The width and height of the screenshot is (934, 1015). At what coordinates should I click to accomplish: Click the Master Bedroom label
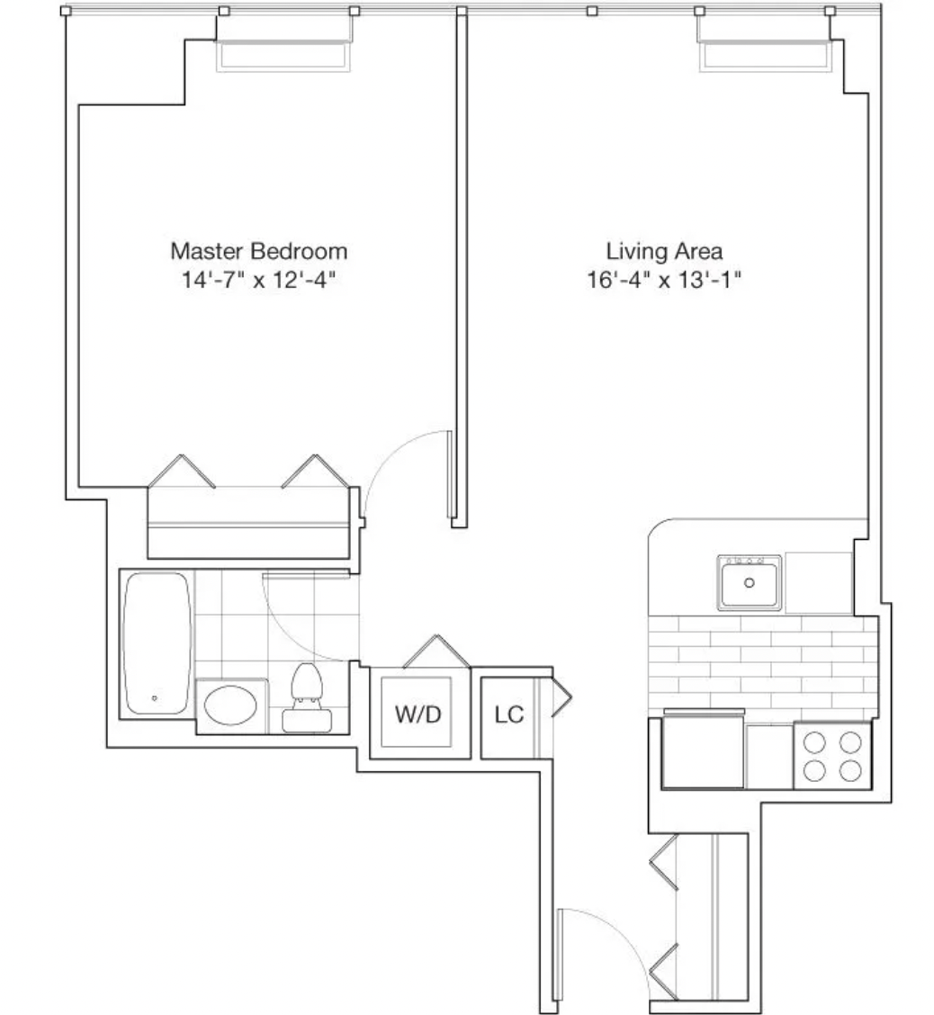(259, 251)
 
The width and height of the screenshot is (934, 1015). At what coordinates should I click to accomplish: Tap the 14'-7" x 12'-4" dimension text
(259, 280)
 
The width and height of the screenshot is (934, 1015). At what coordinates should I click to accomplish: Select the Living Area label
(664, 251)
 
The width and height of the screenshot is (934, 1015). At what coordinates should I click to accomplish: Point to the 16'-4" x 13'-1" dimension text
(664, 280)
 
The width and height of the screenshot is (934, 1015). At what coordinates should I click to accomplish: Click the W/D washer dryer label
(418, 714)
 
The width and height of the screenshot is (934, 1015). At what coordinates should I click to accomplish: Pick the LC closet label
(508, 714)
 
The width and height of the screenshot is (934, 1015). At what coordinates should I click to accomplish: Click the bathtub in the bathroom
(157, 642)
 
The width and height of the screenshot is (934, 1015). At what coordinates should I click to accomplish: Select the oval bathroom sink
(230, 705)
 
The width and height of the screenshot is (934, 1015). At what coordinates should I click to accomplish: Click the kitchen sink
(749, 582)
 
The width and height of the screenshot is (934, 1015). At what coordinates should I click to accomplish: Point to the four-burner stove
(832, 756)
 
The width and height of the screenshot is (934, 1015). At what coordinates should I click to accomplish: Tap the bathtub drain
(155, 698)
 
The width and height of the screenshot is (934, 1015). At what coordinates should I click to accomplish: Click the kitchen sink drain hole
(749, 582)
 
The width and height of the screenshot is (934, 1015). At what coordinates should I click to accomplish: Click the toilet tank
(307, 720)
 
